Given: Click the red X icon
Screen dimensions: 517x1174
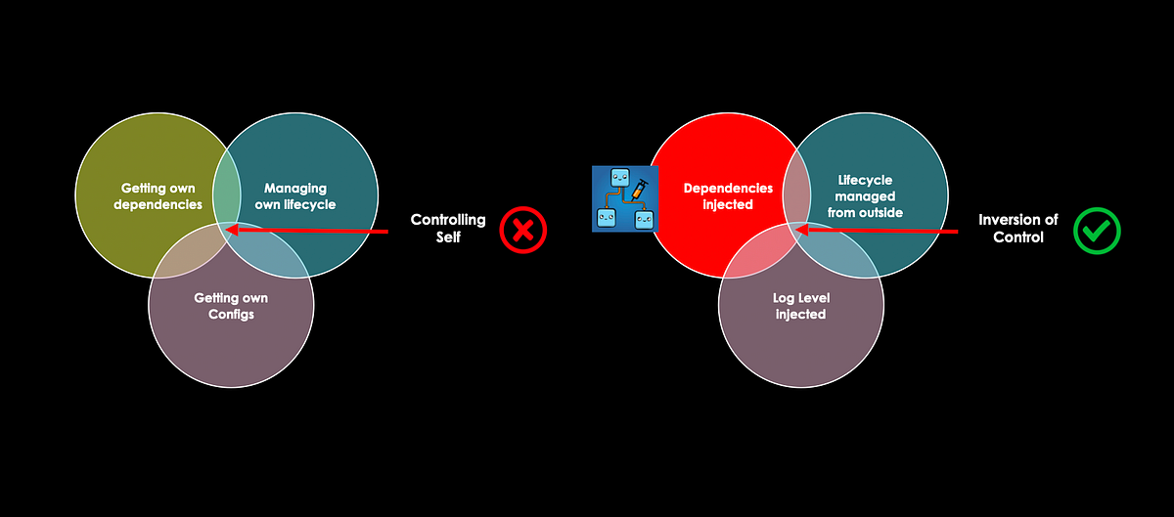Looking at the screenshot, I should click(x=522, y=231).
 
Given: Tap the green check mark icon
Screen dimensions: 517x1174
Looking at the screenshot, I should click(x=1097, y=231).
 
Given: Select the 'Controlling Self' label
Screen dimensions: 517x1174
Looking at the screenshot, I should click(x=447, y=229).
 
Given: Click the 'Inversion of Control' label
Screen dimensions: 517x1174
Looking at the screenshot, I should click(x=1017, y=229).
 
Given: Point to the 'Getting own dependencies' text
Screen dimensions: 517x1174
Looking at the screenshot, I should click(x=158, y=196).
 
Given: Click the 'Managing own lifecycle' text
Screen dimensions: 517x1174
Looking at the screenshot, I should click(x=294, y=196).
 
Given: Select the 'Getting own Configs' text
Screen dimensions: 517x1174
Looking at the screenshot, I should click(x=231, y=306).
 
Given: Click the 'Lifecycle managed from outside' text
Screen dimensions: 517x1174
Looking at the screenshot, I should click(x=865, y=196).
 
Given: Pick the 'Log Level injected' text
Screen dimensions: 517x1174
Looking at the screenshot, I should click(x=800, y=306).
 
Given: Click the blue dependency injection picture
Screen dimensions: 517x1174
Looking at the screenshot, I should click(x=625, y=198).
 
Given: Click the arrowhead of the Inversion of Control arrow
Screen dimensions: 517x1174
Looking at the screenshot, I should click(x=801, y=232).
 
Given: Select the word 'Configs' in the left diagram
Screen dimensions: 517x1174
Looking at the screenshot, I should click(x=231, y=315).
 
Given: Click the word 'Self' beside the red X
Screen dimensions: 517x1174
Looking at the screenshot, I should click(x=447, y=237).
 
